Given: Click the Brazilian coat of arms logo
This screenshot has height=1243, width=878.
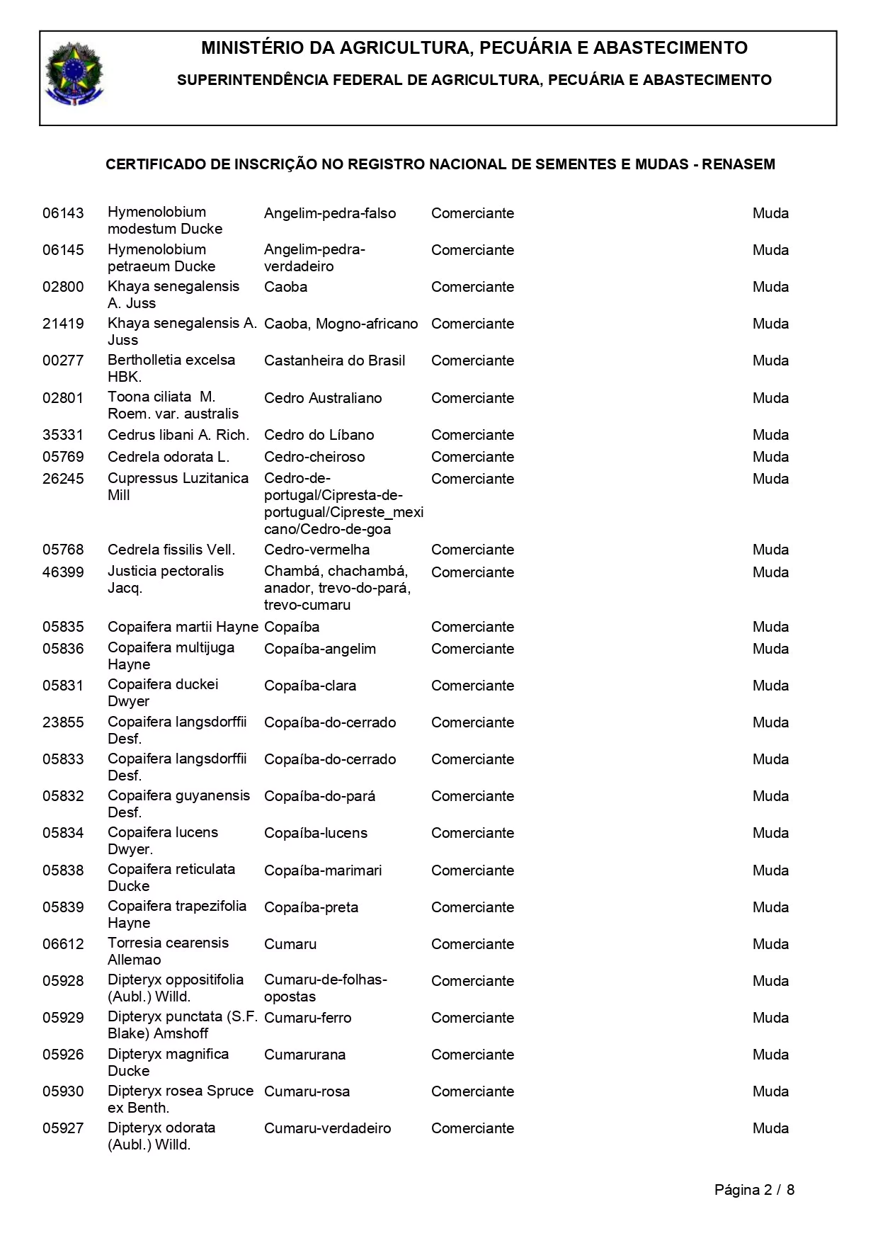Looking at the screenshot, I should click(74, 74).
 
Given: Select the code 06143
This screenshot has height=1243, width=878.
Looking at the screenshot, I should click(63, 213).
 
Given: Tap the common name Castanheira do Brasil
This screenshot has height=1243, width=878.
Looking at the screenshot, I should click(334, 361).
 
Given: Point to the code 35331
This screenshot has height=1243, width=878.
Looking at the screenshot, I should click(63, 435).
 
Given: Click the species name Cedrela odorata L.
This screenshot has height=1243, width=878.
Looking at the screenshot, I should click(169, 457).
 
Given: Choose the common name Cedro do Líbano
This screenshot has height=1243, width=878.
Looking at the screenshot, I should click(319, 435).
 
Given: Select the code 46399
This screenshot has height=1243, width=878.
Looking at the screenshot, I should click(63, 572).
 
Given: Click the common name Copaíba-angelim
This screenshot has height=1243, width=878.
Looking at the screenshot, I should click(320, 649).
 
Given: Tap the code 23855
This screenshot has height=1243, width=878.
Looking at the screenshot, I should click(63, 722).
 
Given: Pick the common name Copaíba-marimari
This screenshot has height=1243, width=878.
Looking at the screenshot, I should click(323, 870).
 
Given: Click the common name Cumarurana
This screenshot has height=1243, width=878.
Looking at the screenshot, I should click(304, 1055).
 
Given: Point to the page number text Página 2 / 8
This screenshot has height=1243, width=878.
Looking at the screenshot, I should click(754, 1190).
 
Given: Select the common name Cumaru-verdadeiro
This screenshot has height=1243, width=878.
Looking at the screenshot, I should click(327, 1128).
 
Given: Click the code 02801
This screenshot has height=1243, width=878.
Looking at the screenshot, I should click(63, 398).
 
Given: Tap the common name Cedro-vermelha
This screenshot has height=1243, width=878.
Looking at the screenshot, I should click(317, 550).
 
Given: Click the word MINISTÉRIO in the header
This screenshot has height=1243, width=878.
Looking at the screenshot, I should click(266, 48).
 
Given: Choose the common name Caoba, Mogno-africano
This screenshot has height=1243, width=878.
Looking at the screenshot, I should click(341, 324).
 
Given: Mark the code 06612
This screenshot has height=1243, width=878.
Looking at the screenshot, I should click(63, 944).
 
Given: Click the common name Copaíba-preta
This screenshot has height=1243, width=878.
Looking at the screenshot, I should click(311, 907).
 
